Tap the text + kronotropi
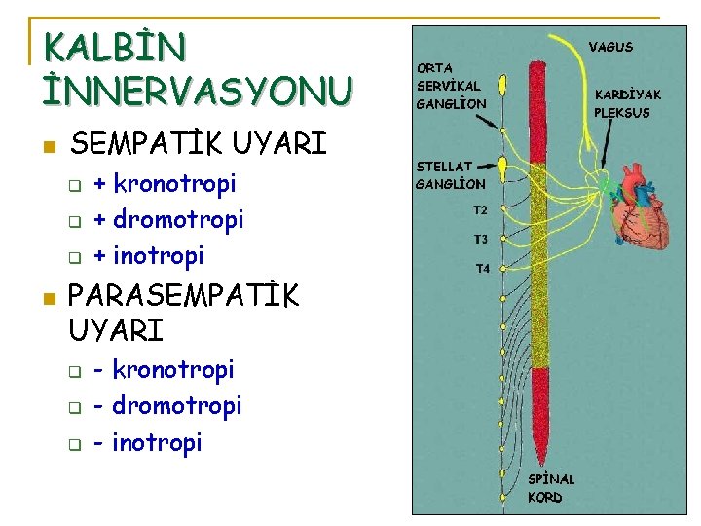tap(165, 183)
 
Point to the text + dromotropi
tap(168, 219)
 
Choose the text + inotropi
tap(149, 255)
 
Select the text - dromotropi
tap(167, 405)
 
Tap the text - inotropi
tap(148, 442)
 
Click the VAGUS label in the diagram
tap(610, 47)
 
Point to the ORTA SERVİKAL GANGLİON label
tap(450, 86)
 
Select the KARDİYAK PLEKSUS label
tap(627, 103)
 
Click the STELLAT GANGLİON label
tap(451, 175)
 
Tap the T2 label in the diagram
tap(481, 209)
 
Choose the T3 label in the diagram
tap(481, 239)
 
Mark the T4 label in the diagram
tap(482, 269)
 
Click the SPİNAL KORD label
tap(551, 488)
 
